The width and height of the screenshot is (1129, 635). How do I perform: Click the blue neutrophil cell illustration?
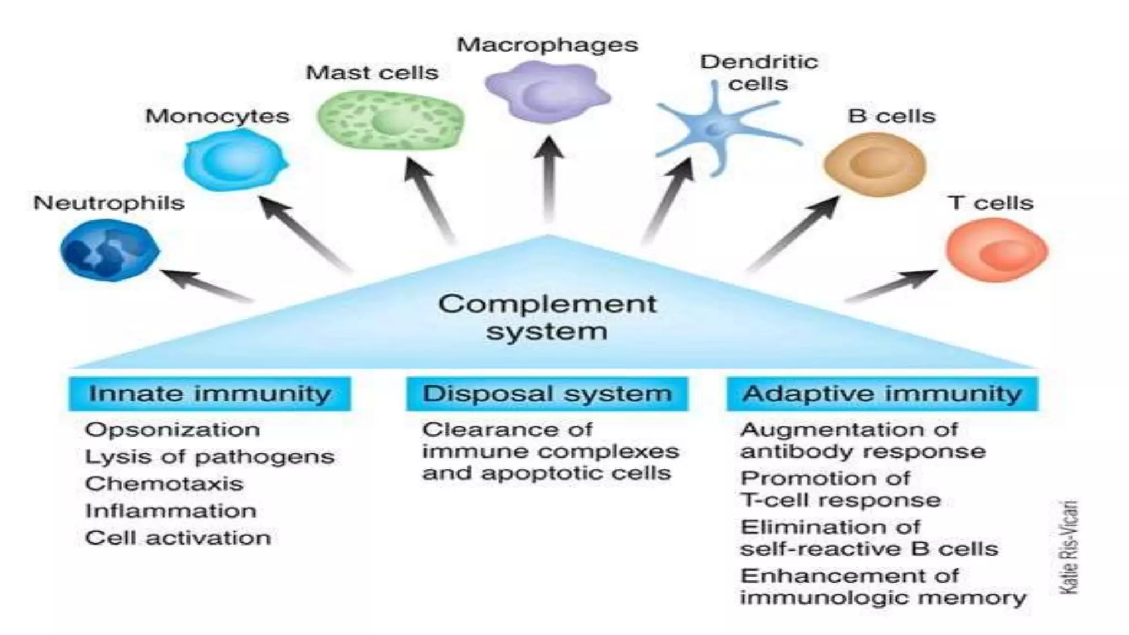pos(109,250)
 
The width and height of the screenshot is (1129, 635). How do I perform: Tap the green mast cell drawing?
pos(390,120)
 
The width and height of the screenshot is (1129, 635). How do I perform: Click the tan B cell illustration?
pos(875,164)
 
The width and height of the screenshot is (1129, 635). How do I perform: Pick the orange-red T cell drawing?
pos(997,250)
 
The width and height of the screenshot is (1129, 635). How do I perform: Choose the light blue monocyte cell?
pos(235,160)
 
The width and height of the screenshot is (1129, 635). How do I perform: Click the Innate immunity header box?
pos(209,394)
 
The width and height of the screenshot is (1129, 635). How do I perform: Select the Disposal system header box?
pos(547,394)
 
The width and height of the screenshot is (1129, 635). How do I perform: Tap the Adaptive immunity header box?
pos(882,394)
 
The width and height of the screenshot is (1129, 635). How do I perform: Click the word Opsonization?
pos(173,429)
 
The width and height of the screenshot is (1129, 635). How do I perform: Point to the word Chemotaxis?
pos(164,483)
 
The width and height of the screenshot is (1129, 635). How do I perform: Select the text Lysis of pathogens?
pos(209,456)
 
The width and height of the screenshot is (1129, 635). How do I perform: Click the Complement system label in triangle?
pos(547,317)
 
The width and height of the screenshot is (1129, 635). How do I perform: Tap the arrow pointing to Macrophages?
pos(549,179)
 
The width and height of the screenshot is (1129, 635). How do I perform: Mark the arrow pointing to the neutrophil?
pos(207,285)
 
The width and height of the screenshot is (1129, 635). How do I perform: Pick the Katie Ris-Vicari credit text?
pos(1068,547)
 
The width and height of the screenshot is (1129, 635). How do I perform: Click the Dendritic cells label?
pos(759,73)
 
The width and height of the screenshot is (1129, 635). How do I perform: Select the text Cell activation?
pos(178,537)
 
